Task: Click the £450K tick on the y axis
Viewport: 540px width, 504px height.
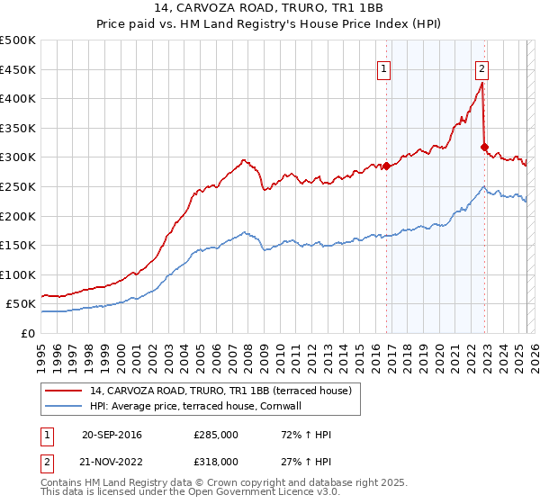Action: [19, 69]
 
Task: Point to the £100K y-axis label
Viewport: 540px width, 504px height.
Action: [19, 274]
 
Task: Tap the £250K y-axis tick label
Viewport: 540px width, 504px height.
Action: [19, 186]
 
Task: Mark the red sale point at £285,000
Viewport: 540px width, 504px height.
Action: [386, 166]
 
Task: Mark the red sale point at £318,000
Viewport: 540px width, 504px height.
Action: [484, 147]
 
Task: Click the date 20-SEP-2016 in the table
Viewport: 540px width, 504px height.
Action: [112, 436]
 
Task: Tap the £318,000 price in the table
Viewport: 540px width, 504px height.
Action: [216, 461]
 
